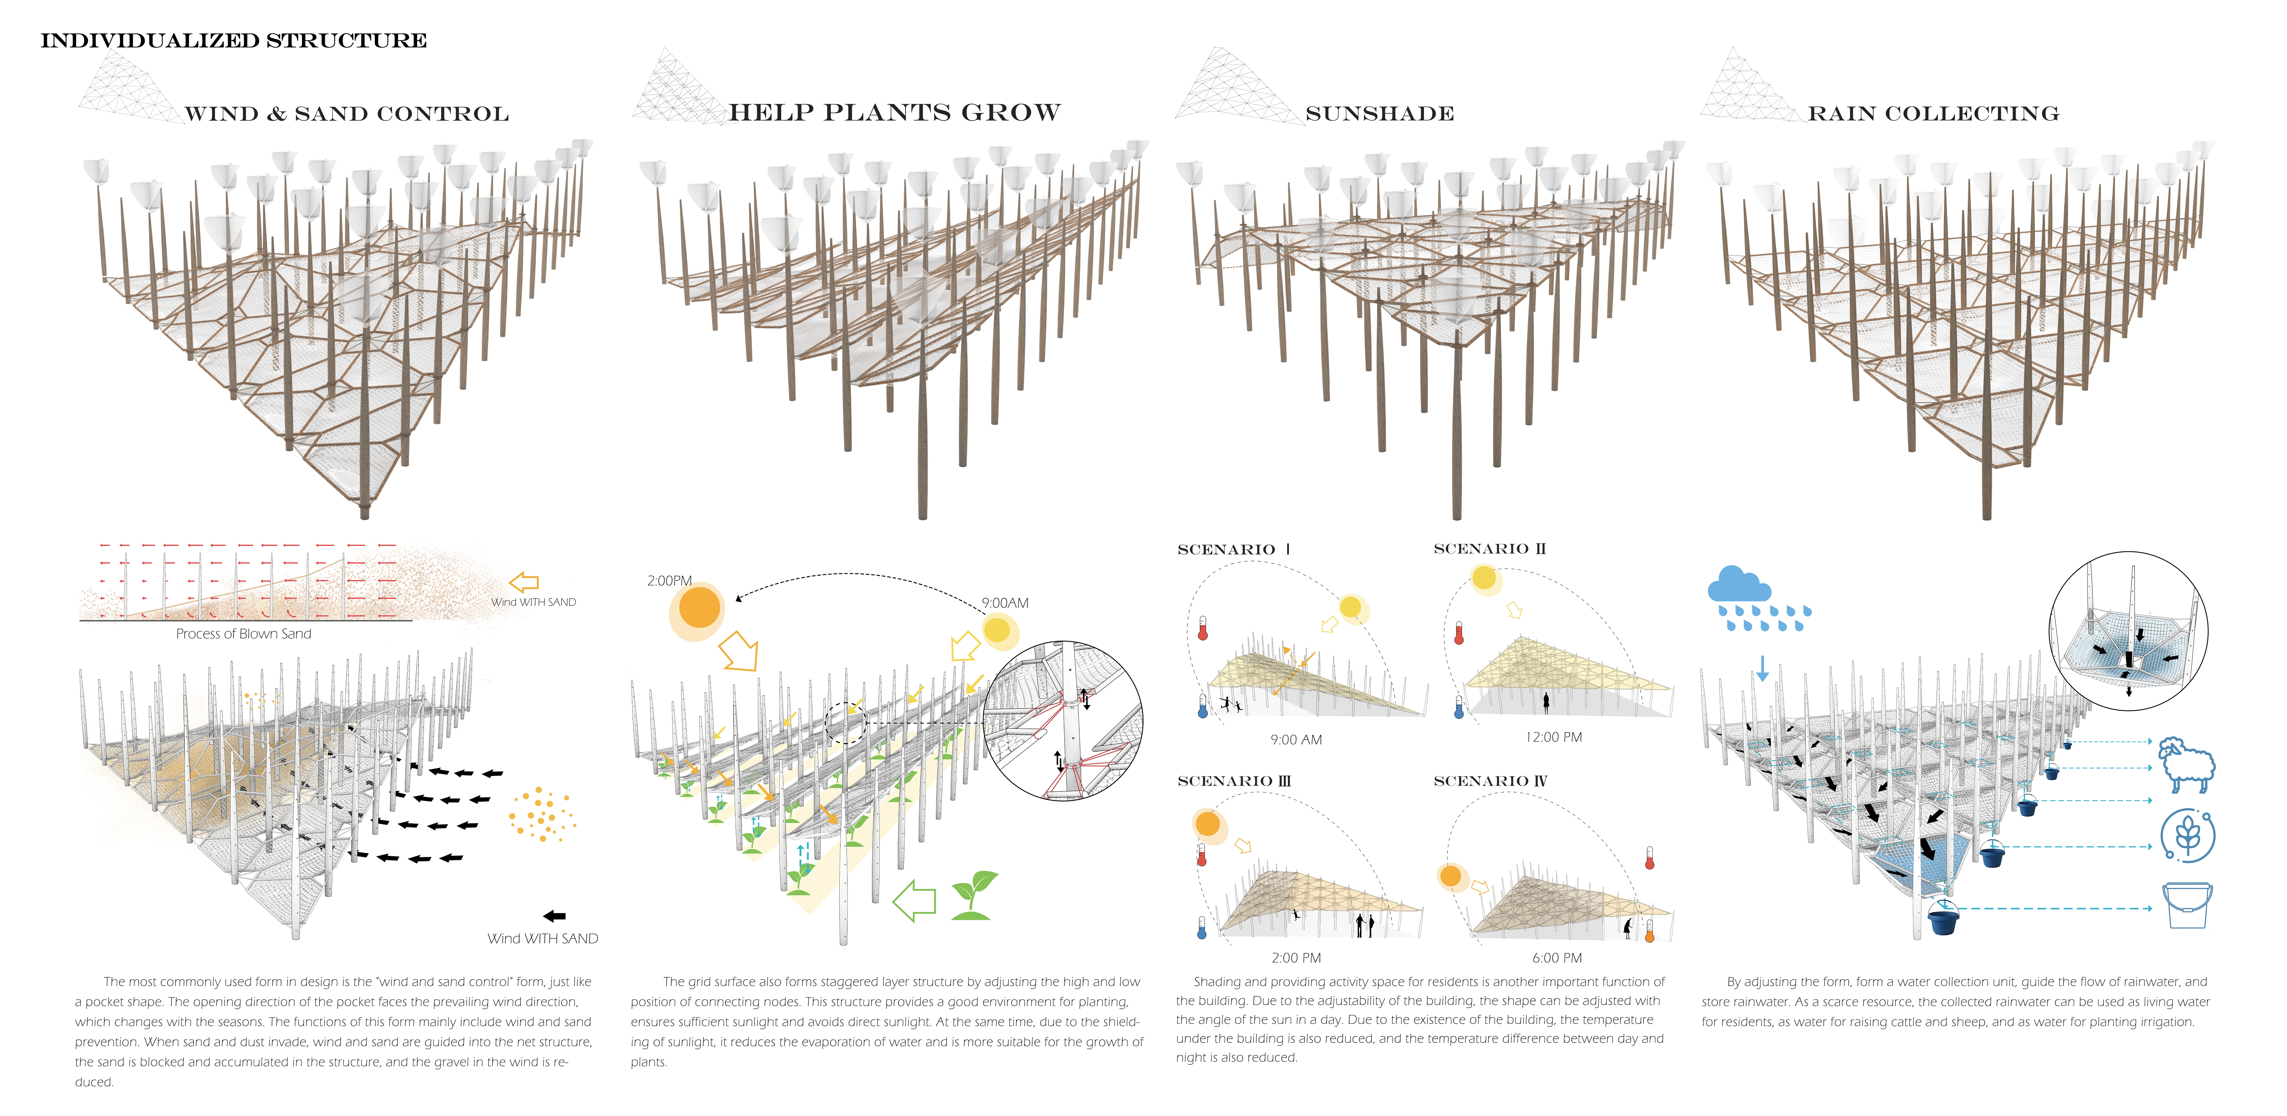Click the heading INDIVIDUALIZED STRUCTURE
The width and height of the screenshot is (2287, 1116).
click(234, 41)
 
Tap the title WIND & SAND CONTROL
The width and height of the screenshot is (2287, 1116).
click(346, 114)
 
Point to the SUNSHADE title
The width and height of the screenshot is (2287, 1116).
click(1379, 114)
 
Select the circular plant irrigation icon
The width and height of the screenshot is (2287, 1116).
click(2188, 835)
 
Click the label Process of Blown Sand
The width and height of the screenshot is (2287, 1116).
click(243, 634)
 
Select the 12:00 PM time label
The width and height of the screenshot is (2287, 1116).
click(1554, 737)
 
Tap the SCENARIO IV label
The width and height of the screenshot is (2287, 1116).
click(1490, 781)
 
